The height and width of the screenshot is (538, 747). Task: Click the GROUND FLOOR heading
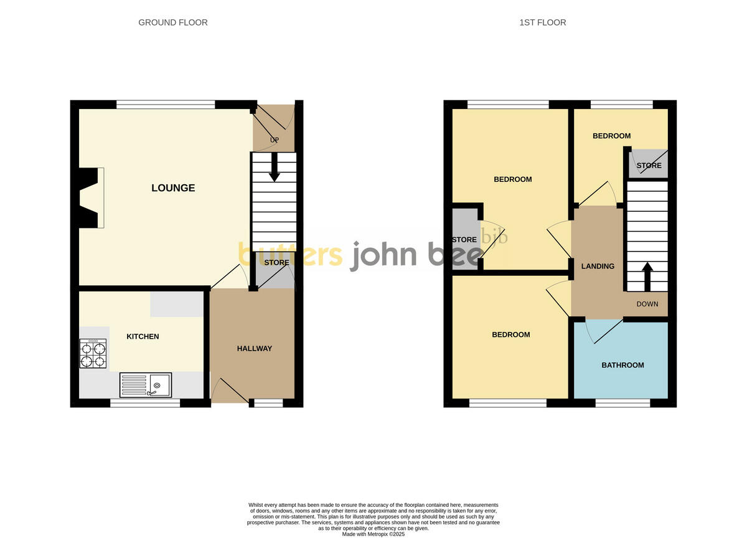173,22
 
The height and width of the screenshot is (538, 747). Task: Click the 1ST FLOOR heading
542,22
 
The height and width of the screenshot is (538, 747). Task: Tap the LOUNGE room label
173,187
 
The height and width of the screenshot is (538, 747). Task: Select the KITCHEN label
143,336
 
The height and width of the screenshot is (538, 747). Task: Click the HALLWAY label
254,348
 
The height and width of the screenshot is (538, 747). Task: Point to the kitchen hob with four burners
93,354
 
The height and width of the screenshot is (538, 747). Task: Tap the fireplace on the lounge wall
89,198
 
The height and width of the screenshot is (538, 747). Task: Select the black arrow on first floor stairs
647,276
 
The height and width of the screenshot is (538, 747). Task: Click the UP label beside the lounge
273,139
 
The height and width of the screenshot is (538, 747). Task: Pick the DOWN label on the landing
647,304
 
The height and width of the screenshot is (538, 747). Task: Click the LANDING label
598,266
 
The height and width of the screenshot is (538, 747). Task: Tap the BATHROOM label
622,365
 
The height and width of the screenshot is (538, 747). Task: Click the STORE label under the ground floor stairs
276,263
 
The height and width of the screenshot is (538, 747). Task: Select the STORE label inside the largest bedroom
464,240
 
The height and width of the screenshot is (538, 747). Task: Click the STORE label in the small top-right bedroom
649,166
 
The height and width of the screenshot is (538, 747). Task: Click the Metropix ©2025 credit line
374,534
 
